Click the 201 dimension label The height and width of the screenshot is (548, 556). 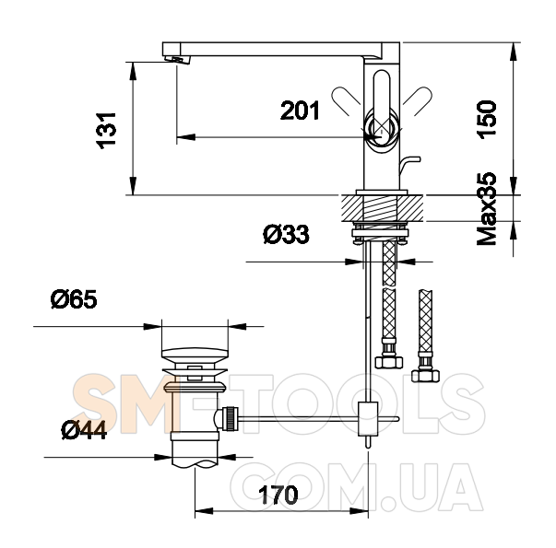300,111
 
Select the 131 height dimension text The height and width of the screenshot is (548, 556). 106,131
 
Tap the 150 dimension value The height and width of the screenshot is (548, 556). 487,120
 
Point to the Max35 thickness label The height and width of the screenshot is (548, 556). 487,209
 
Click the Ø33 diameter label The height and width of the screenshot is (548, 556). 286,235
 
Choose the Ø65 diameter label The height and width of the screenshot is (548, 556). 74,299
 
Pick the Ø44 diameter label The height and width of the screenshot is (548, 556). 84,430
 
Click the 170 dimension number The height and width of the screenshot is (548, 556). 278,496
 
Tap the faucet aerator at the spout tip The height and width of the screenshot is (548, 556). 177,60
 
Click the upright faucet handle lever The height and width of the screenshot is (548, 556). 382,106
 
